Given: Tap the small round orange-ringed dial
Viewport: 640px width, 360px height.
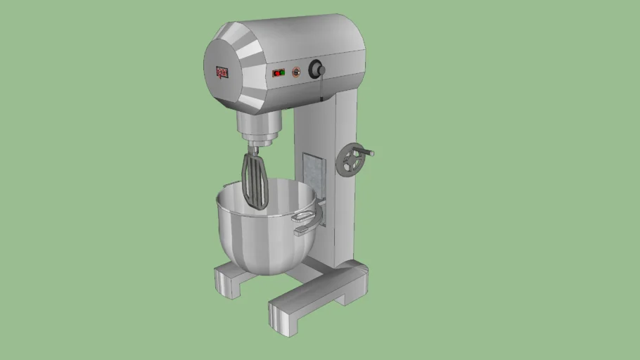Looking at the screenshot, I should (296, 71).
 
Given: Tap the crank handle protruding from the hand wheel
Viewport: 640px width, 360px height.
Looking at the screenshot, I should (369, 152).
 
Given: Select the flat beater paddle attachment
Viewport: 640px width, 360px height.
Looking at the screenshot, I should (255, 181).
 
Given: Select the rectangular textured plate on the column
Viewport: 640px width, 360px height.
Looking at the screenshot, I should (314, 176).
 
